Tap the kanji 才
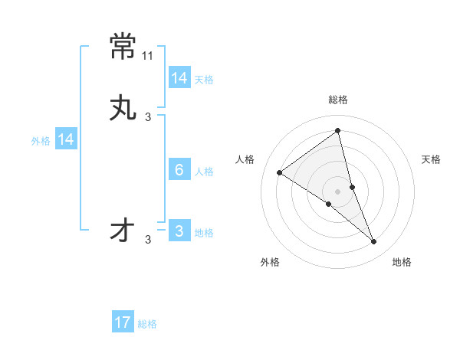tap(123, 231)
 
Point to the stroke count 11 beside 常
tap(148, 57)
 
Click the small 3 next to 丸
tap(148, 117)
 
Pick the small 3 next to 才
tap(148, 240)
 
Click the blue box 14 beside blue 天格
tap(179, 78)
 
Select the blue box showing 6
tap(179, 170)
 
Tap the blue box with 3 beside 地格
tap(179, 231)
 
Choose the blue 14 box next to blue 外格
tap(65, 139)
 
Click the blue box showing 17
tap(123, 322)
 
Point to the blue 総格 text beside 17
tap(147, 324)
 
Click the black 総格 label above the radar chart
tap(338, 100)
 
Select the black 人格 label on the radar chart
tap(245, 159)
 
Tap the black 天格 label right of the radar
tap(431, 159)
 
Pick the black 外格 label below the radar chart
tap(270, 263)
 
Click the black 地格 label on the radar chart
tap(402, 263)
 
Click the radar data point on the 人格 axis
tap(279, 172)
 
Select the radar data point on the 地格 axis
tap(373, 241)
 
